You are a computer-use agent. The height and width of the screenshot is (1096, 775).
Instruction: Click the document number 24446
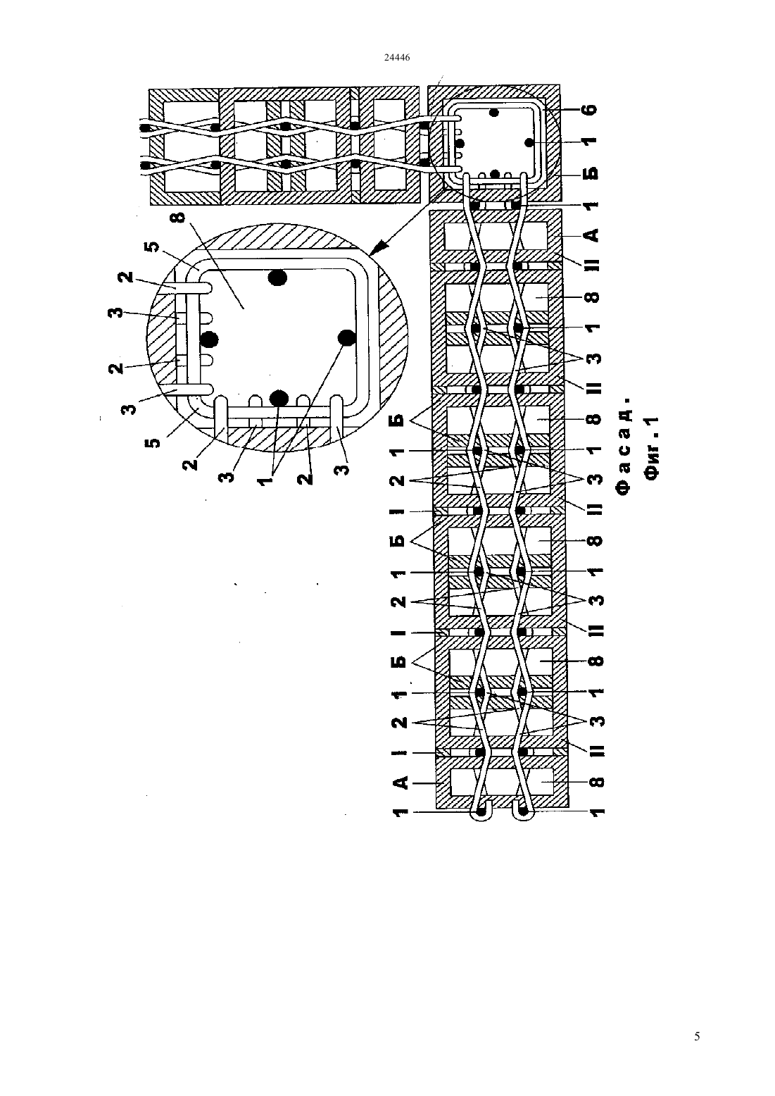click(x=396, y=57)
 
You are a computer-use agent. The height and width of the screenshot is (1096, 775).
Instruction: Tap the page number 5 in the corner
click(x=698, y=1036)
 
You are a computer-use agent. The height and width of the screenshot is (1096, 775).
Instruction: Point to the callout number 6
click(x=591, y=110)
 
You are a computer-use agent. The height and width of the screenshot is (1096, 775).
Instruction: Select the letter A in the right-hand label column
click(x=592, y=235)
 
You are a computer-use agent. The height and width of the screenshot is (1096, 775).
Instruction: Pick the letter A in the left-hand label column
click(x=400, y=783)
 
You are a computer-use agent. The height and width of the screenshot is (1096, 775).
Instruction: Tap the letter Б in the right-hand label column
click(x=592, y=174)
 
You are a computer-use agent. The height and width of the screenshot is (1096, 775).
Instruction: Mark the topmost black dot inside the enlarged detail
click(x=278, y=278)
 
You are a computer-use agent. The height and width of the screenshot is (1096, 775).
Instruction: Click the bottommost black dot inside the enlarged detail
click(x=279, y=398)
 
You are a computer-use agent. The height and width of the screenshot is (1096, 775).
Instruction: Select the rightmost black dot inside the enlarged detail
click(x=346, y=337)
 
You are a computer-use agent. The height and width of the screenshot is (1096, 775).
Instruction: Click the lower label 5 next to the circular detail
click(x=153, y=443)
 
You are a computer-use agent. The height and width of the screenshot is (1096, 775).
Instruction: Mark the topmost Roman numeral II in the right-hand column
click(x=592, y=264)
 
